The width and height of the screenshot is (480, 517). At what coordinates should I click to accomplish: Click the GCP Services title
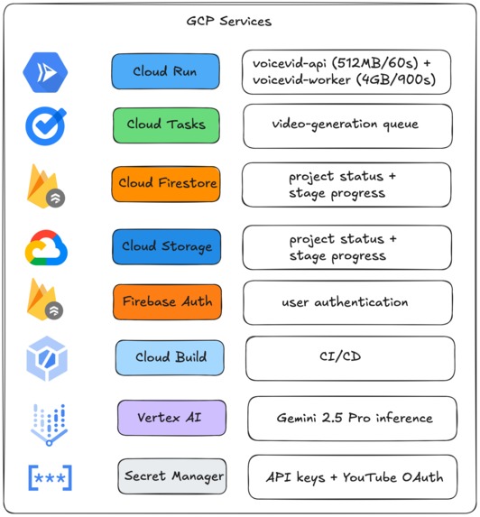coord(229,21)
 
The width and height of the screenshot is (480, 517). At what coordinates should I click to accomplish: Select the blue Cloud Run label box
coord(165,71)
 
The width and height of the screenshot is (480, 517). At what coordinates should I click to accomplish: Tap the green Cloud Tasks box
coord(166,125)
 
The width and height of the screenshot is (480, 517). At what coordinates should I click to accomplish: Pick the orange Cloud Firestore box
coord(166,184)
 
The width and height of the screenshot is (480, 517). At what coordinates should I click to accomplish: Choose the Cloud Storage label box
coord(167,246)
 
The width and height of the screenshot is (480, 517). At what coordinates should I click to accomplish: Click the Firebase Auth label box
coord(168,302)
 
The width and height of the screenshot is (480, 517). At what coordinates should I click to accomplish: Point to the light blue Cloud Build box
coord(170,357)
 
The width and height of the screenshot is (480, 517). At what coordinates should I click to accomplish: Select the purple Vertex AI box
coord(171,418)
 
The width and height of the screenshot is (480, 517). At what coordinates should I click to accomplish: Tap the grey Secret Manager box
coord(172,476)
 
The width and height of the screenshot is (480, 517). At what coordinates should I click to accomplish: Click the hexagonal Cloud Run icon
coord(45,72)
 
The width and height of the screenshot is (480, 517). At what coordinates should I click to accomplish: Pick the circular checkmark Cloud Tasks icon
coord(45,125)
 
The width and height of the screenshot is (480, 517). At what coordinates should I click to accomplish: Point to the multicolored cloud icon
coord(46,247)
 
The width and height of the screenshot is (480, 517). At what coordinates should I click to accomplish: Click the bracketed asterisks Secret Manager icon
coord(51,478)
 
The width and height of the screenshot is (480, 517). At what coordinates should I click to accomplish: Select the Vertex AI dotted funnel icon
coord(49,425)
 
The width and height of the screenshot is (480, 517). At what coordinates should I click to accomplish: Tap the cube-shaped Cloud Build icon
coord(47,359)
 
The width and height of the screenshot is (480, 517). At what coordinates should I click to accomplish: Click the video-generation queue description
coord(346,125)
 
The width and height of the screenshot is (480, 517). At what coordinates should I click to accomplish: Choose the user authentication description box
coord(347,302)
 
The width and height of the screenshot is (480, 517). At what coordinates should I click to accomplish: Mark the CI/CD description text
coord(340,356)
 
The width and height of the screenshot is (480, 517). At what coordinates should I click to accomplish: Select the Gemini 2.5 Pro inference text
coord(355,418)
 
